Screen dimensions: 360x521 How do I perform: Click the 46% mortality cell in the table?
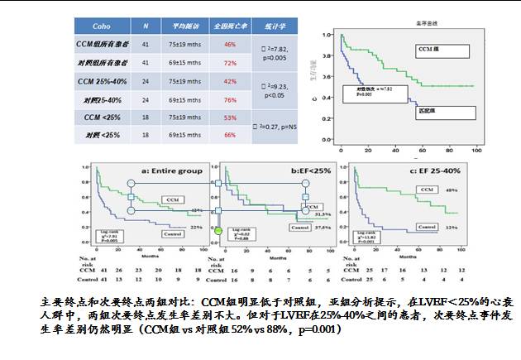[231, 43]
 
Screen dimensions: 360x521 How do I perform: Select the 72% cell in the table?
[231, 63]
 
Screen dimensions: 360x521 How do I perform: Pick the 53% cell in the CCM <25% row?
[231, 118]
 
